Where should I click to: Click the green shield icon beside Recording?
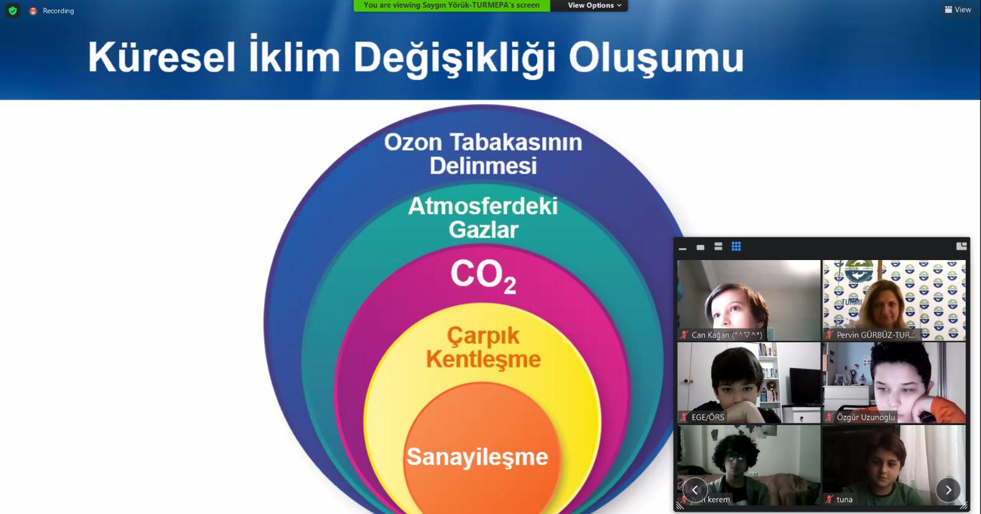13,10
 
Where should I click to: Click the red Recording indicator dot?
33,11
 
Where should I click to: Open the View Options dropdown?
594,6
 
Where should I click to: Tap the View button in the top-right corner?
958,10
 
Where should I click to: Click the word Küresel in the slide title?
162,58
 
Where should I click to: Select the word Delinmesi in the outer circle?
483,166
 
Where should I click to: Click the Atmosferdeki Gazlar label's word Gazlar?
484,229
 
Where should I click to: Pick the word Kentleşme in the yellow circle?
484,359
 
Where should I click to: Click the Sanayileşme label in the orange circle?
478,457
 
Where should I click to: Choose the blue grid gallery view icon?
736,247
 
